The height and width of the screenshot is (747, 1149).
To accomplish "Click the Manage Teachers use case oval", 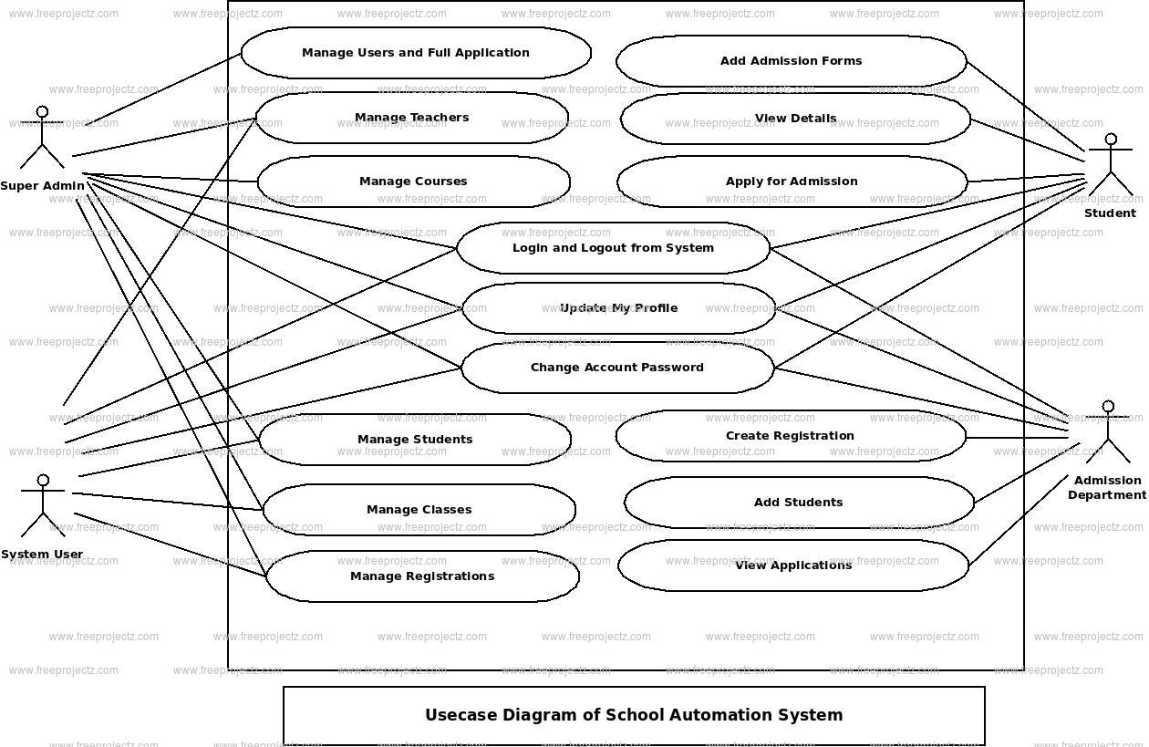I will point(412,118).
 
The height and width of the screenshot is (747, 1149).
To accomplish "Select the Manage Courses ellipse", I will point(413,182).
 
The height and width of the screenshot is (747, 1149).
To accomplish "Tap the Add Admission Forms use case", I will point(791,61).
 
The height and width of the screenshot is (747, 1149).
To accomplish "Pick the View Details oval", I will point(795,119).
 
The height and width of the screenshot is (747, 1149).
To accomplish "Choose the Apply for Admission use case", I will point(792,182).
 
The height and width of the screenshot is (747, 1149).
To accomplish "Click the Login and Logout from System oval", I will point(613,248).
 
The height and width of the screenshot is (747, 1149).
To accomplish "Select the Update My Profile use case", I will point(618,308).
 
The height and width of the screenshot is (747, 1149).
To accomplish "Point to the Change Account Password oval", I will point(617,368).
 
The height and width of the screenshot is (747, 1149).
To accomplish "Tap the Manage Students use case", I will point(415,440).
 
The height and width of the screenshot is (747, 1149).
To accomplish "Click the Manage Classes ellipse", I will point(419,510).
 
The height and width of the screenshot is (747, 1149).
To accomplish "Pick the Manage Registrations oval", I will point(422,576).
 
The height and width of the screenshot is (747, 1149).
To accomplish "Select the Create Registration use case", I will point(790,436).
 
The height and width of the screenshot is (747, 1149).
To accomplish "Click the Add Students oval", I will point(799,503).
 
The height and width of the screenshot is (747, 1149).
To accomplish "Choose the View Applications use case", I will point(793,565).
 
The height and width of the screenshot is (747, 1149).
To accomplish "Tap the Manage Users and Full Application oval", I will point(416,53).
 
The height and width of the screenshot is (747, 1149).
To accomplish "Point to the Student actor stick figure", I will point(1110,167).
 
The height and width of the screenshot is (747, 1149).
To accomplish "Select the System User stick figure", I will point(42,506).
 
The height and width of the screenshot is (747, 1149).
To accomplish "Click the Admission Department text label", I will point(1107,488).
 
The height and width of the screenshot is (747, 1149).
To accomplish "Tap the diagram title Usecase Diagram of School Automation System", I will point(634,715).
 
